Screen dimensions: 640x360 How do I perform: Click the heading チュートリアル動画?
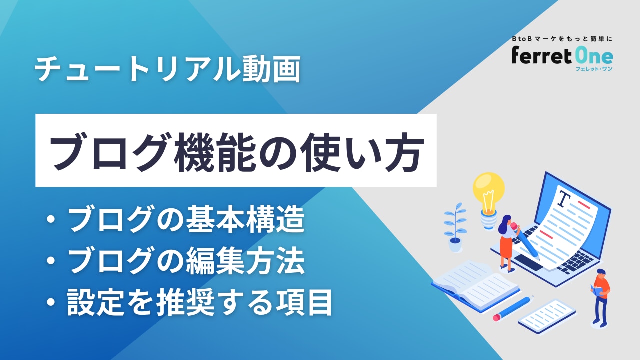pos(167,69)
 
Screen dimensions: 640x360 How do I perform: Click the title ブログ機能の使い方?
pos(236,152)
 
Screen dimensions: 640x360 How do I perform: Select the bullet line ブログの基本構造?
pos(175,219)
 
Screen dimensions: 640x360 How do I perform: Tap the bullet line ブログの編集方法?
pos(175,260)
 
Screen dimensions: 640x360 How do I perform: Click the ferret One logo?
pos(562,56)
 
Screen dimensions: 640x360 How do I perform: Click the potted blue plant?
pos(455,228)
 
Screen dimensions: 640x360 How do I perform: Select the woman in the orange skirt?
pos(507,243)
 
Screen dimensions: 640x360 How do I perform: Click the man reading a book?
pos(601,297)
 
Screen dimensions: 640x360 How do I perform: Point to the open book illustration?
pos(475,285)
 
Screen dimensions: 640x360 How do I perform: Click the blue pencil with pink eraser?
pos(513,308)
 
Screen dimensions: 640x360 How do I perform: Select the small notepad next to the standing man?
pos(547,316)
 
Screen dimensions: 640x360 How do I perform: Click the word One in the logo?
pos(593,56)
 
